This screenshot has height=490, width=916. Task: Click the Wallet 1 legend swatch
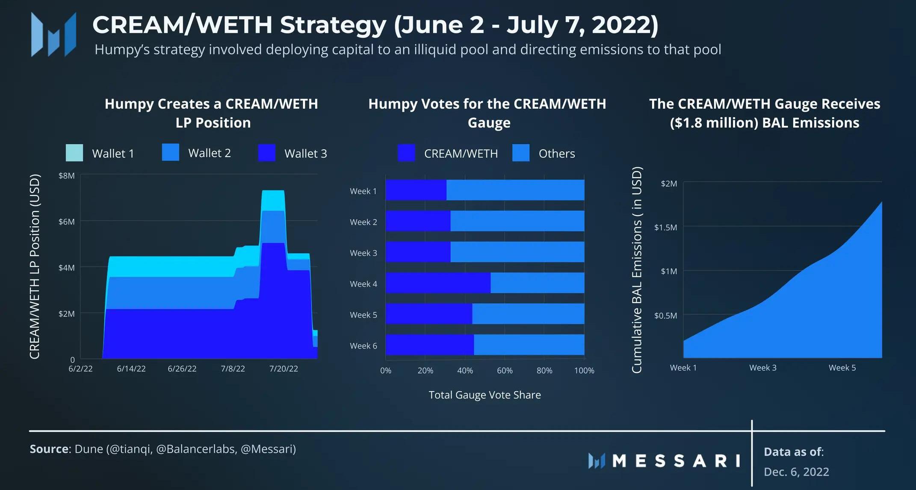(x=74, y=153)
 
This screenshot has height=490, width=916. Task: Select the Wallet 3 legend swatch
(x=266, y=153)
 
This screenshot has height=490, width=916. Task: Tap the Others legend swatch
(x=520, y=153)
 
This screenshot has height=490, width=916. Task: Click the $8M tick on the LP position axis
(x=66, y=176)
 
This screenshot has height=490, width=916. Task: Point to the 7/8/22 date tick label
(x=233, y=369)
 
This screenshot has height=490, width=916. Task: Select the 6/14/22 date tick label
(x=131, y=369)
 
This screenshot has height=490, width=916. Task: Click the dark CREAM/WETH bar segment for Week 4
(x=437, y=283)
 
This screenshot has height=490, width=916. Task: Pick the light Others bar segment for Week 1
(x=515, y=190)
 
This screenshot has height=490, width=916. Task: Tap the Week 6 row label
(x=363, y=346)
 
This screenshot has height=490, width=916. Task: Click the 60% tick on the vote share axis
(x=505, y=371)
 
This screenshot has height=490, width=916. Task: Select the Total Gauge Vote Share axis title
(x=485, y=395)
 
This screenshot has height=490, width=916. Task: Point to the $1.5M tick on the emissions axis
(x=665, y=227)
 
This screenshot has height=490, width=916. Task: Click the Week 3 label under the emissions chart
(x=762, y=368)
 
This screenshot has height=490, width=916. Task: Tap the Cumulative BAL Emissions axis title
(x=637, y=270)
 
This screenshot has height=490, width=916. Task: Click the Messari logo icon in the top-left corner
(x=53, y=35)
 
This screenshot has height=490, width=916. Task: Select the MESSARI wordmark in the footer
(x=676, y=461)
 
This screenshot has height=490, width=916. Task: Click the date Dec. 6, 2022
(x=796, y=472)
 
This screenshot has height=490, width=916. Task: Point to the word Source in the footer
(x=49, y=449)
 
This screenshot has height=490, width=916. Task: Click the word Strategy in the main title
(x=333, y=25)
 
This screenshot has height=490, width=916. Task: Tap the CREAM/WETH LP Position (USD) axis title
(x=35, y=266)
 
